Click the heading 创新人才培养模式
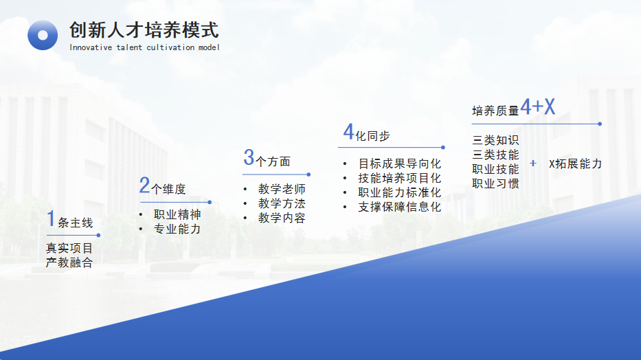[144, 30]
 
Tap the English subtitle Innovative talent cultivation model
[144, 47]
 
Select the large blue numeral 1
[51, 218]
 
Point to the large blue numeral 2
[144, 185]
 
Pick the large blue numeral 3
[249, 157]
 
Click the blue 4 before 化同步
[348, 132]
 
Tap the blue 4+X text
[537, 106]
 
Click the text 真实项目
[69, 248]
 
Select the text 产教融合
[69, 262]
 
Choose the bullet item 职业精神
[177, 214]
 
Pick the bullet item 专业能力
[177, 229]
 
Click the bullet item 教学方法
[282, 203]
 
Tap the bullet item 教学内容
[282, 218]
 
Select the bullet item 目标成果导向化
[399, 164]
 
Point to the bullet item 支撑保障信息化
[399, 207]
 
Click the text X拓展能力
[575, 164]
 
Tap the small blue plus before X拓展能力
[533, 164]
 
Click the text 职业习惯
[495, 183]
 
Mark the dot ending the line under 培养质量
[600, 124]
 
